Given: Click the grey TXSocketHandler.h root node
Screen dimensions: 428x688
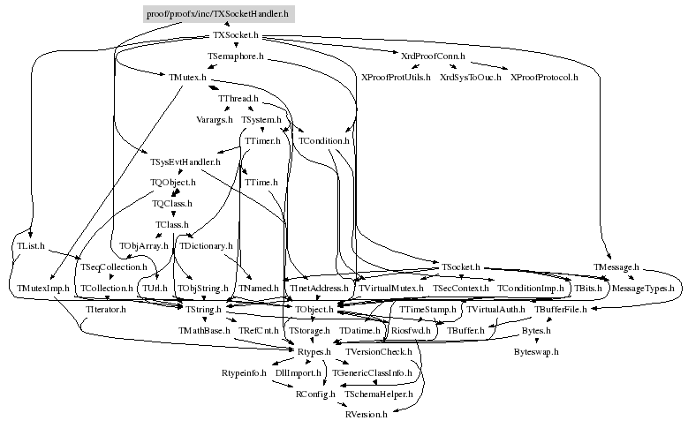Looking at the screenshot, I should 217,14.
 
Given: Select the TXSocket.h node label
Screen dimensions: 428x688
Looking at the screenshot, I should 236,35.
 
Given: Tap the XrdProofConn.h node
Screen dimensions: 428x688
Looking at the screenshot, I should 433,56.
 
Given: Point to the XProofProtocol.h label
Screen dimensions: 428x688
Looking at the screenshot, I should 544,78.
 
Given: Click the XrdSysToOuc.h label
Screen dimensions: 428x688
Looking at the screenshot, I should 470,78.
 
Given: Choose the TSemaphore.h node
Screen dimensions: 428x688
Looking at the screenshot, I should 237,56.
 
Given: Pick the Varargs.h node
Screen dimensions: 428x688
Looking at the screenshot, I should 215,119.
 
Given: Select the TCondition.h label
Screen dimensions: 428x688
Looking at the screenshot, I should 324,140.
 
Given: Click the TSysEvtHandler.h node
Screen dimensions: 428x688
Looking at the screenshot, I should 185,161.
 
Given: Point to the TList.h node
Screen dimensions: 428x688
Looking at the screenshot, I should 31,245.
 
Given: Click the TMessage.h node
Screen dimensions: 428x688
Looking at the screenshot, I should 616,267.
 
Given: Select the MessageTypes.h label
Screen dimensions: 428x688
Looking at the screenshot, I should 643,289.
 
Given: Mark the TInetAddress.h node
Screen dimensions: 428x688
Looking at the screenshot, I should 317,289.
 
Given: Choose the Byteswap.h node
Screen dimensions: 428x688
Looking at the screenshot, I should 537,351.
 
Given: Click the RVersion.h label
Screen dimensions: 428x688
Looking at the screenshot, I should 367,415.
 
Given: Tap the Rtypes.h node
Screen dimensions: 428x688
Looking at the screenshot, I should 314,352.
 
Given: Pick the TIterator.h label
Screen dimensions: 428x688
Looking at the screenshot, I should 107,310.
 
